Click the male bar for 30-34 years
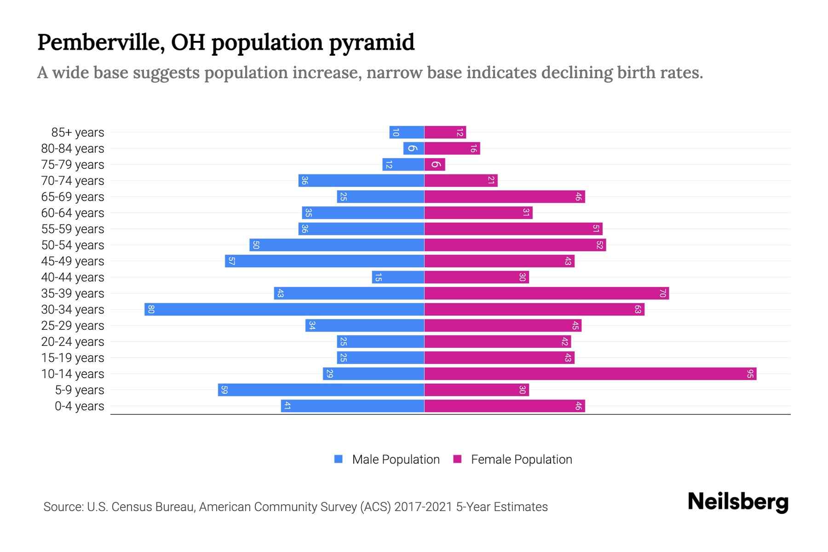[x=284, y=310]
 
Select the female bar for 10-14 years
[x=590, y=374]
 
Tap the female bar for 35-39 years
[x=546, y=293]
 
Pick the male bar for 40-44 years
[x=398, y=277]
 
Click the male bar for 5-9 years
[x=321, y=390]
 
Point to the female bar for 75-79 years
[x=435, y=165]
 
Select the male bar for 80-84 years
[x=414, y=149]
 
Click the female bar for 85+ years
[x=445, y=132]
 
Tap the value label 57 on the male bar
[x=232, y=261]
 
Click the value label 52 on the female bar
[x=599, y=245]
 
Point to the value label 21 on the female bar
[x=491, y=181]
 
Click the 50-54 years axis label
[x=73, y=245]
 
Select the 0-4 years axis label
[x=79, y=406]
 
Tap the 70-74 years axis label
[x=73, y=181]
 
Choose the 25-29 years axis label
[x=73, y=326]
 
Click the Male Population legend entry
[x=387, y=460]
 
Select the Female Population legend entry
[x=513, y=460]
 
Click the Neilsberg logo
[x=738, y=502]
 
